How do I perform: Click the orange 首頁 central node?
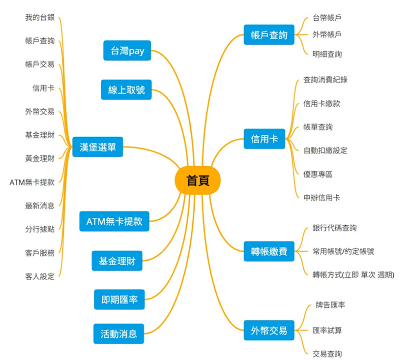tap(198, 180)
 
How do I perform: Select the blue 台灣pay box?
tap(127, 51)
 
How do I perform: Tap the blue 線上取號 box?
tap(126, 90)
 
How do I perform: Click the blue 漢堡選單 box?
tap(97, 147)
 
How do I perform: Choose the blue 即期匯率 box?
tap(119, 300)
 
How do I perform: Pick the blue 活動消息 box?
tap(119, 333)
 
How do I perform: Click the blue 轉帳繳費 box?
tap(269, 252)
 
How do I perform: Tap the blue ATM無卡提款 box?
tap(114, 221)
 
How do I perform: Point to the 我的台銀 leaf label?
tap(40, 18)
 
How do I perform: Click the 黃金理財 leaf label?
tap(40, 158)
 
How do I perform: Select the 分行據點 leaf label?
tap(40, 229)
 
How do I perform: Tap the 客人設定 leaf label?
tap(40, 276)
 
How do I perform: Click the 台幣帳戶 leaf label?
tap(327, 18)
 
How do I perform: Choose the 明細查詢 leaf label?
tap(327, 54)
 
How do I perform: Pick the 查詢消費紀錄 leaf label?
tap(325, 79)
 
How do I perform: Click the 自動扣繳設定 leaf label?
tap(325, 150)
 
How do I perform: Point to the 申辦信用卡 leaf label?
tap(322, 198)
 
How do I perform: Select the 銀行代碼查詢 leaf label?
tap(335, 228)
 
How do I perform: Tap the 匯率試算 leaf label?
tap(327, 330)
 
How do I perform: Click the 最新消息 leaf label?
tap(40, 206)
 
